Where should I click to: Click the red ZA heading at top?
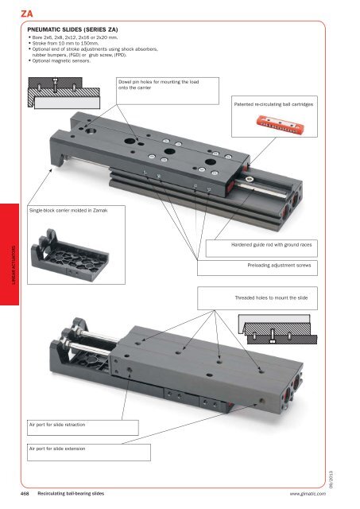click(x=14, y=10)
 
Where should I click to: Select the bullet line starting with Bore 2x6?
click(x=79, y=37)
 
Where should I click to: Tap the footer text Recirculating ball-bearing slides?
click(x=74, y=494)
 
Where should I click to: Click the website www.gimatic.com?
click(x=315, y=494)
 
